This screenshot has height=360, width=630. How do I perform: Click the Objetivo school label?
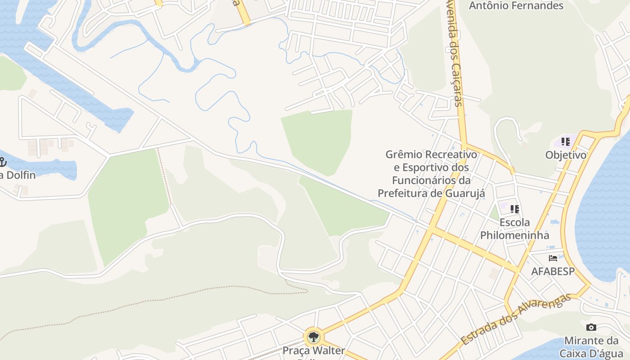(566, 155)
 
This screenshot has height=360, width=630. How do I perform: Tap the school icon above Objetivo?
(566, 142)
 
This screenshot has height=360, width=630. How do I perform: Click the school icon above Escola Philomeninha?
(515, 209)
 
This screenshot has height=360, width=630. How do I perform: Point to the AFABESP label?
(553, 271)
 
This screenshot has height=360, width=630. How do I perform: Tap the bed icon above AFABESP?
(553, 258)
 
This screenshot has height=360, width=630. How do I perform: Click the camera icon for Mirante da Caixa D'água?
(591, 327)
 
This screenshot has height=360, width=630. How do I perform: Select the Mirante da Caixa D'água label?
(591, 346)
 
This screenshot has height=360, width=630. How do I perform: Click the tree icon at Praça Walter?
(314, 337)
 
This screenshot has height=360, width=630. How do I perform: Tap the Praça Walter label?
(314, 351)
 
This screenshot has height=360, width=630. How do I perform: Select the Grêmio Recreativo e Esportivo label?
(431, 174)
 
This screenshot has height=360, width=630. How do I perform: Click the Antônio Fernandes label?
(516, 6)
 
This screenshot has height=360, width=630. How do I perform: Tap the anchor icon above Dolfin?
(3, 162)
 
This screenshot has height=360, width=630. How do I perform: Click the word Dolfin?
(20, 175)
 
